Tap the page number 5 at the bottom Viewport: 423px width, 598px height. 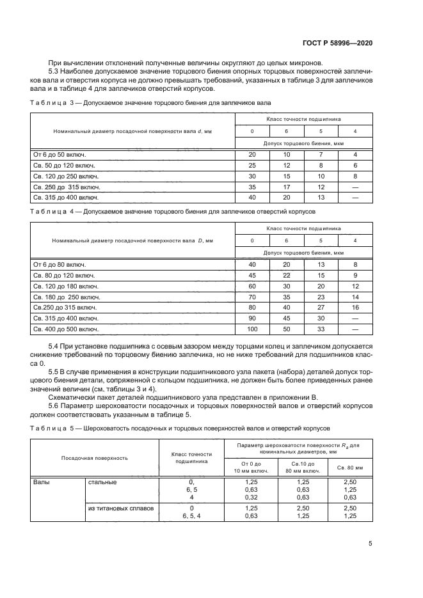click(x=371, y=544)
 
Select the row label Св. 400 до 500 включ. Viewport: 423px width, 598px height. click(x=65, y=329)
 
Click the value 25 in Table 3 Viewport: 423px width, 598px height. click(x=251, y=165)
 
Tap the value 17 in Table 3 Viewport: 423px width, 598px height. click(x=286, y=187)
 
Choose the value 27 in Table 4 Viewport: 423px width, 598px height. click(x=321, y=308)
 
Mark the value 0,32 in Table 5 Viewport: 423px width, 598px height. click(x=251, y=498)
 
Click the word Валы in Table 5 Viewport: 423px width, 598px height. click(x=42, y=482)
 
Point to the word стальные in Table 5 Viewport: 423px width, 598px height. click(x=102, y=482)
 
